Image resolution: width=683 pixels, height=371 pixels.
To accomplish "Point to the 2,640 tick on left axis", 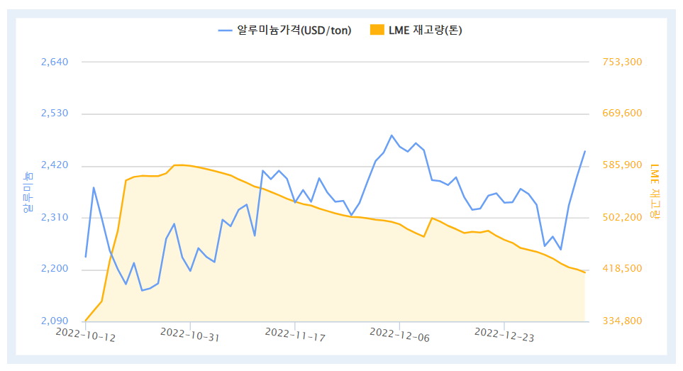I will [55, 62].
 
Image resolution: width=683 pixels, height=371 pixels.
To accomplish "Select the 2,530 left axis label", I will [55, 113].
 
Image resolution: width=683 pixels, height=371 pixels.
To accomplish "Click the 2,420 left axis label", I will [55, 165].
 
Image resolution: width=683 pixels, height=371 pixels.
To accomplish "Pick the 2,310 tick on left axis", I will [55, 217].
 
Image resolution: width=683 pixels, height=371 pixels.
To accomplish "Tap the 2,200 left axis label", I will [55, 269].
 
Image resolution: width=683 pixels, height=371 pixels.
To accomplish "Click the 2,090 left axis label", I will [55, 321].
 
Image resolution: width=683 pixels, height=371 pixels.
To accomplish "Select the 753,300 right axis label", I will [622, 62].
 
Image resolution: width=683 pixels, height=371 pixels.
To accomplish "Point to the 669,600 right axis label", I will [622, 113].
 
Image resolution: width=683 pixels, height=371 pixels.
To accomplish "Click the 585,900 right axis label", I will [622, 165].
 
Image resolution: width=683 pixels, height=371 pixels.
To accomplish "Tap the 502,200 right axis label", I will [622, 217].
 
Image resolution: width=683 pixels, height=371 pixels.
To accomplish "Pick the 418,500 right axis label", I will [622, 269].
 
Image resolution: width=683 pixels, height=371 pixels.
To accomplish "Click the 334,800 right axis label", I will [622, 321].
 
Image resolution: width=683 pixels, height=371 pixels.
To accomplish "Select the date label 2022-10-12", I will [85, 334].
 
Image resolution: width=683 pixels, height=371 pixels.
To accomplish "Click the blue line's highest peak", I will [392, 135].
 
